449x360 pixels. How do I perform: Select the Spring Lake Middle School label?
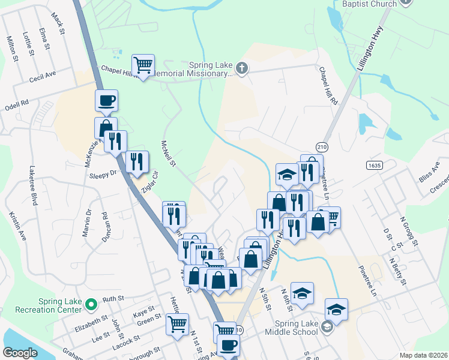[290, 332]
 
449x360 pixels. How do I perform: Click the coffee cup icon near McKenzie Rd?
[106, 100]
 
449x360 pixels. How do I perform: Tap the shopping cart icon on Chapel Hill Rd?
[143, 64]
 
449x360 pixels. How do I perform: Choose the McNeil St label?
[168, 154]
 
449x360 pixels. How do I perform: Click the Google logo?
[20, 353]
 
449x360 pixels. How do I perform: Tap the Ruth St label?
[112, 298]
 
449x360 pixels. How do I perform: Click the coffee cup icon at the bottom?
[228, 346]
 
